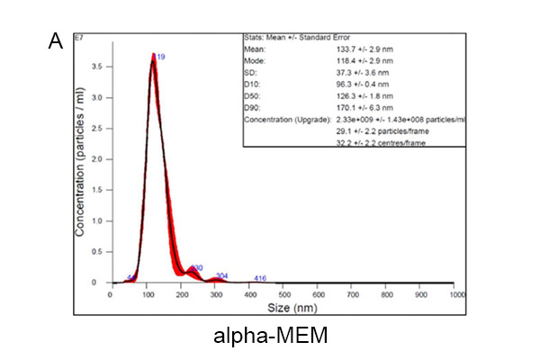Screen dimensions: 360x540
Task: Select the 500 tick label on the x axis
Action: tap(283, 293)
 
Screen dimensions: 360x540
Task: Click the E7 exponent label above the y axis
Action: tap(107, 39)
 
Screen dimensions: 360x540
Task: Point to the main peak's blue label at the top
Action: tap(160, 57)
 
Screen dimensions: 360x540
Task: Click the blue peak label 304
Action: tap(221, 275)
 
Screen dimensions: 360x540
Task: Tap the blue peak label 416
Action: tap(260, 278)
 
